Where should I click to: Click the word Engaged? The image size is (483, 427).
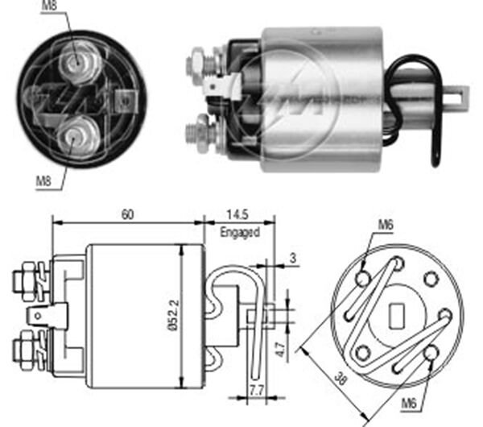(239, 232)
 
